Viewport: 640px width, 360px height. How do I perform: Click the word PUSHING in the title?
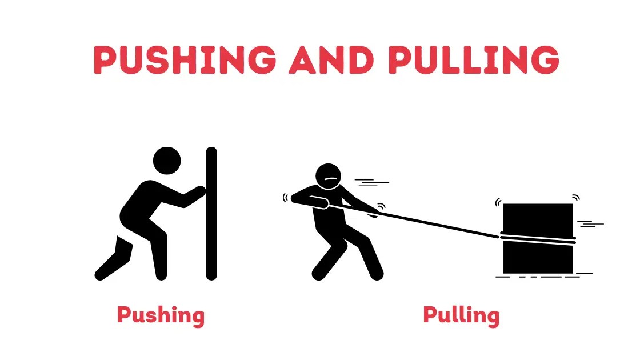[x=185, y=59]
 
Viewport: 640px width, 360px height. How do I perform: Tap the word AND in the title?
[x=331, y=59]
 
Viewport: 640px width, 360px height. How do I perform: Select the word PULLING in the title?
[x=474, y=59]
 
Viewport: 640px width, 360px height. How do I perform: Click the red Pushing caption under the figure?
[x=161, y=315]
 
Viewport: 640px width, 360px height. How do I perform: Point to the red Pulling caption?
[x=461, y=315]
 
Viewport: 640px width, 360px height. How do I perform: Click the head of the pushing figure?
[x=167, y=161]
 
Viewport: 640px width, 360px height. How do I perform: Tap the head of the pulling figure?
[x=328, y=177]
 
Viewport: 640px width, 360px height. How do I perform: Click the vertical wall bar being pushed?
[x=211, y=214]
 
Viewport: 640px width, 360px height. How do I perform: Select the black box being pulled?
[x=538, y=238]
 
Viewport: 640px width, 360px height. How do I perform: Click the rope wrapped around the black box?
[x=538, y=239]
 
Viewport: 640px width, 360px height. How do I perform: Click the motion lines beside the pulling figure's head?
[x=371, y=182]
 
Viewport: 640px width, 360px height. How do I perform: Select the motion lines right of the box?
[x=590, y=223]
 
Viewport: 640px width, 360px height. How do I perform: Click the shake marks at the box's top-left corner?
[x=498, y=202]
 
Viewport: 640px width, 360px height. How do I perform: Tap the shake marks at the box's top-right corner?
[x=576, y=198]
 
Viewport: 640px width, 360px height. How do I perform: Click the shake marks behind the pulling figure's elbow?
[x=286, y=198]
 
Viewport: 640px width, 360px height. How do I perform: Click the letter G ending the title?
[x=545, y=59]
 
